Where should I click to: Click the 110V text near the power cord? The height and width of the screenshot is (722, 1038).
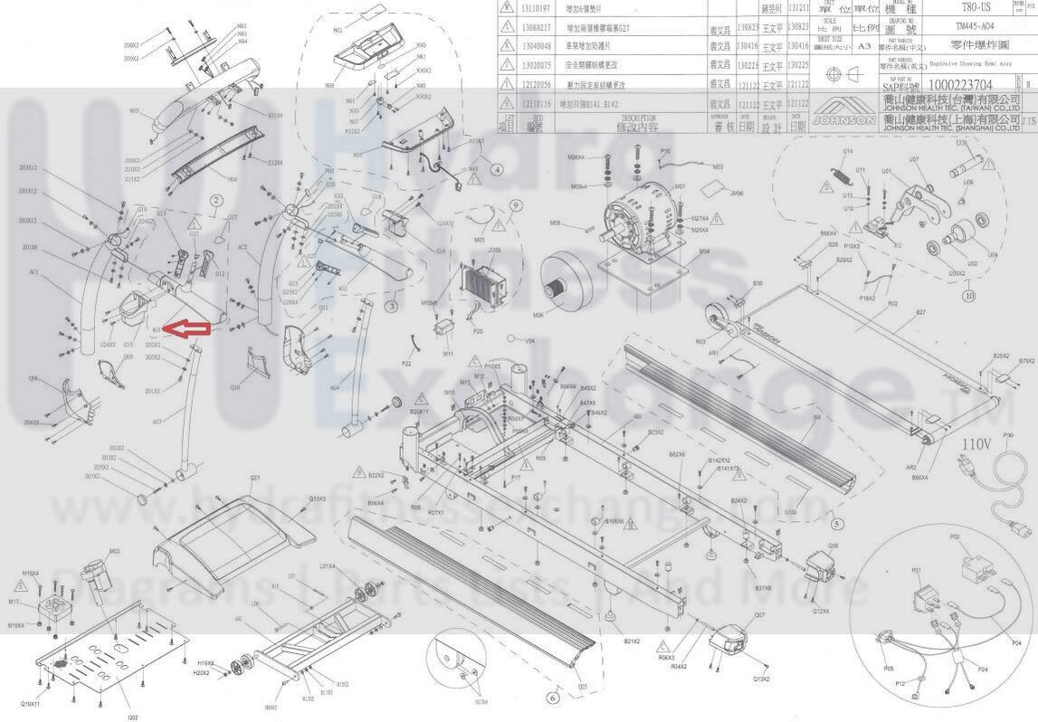[976, 444]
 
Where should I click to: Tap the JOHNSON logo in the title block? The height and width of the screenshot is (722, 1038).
[843, 119]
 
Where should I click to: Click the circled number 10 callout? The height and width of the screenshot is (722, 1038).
[969, 296]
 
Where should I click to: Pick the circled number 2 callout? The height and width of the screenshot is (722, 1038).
[216, 200]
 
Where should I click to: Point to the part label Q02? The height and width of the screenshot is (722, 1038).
[133, 717]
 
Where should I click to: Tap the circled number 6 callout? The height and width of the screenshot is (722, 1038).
[553, 698]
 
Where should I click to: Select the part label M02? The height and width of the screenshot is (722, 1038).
[114, 551]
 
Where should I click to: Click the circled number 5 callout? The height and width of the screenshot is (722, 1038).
[836, 523]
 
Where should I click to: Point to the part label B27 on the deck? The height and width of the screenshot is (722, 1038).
[920, 313]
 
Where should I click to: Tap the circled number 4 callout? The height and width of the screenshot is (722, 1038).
[497, 169]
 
